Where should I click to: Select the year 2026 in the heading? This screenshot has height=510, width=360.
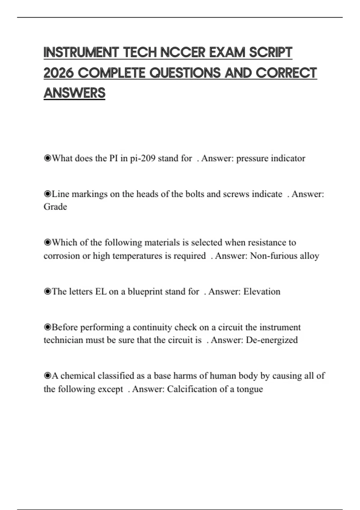tap(58, 73)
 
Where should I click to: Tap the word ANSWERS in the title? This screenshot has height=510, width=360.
tap(74, 93)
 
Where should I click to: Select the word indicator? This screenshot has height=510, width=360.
tap(288, 158)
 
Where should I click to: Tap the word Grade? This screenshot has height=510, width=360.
tap(55, 207)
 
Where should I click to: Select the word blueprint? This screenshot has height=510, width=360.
tap(145, 292)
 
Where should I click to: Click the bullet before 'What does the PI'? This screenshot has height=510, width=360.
tap(47, 158)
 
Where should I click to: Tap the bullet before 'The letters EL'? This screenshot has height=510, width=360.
tap(47, 292)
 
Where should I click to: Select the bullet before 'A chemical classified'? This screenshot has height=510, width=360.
tap(47, 376)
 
